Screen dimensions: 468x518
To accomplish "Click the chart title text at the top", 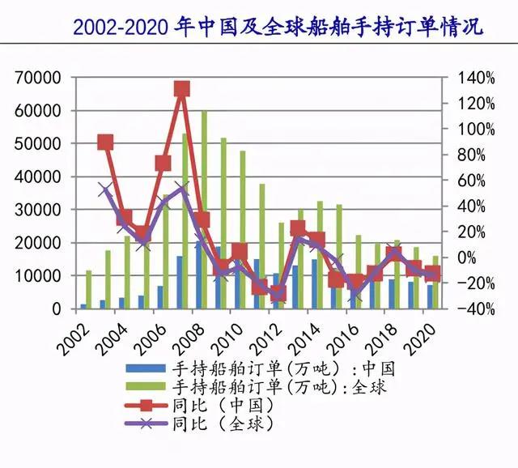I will coord(278,27).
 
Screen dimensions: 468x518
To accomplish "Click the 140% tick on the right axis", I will coord(478,78).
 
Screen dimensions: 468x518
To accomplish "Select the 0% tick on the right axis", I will coord(470,257).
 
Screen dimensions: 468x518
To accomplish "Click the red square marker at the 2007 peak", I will coord(182,89).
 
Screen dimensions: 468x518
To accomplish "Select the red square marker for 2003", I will coord(105,143).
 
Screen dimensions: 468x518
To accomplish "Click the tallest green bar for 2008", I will coord(204,210).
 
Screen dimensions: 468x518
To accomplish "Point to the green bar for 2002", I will coord(89,289).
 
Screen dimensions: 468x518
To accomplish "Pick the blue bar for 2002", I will coord(83,306).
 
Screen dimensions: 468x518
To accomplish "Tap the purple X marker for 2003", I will coord(105,190).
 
